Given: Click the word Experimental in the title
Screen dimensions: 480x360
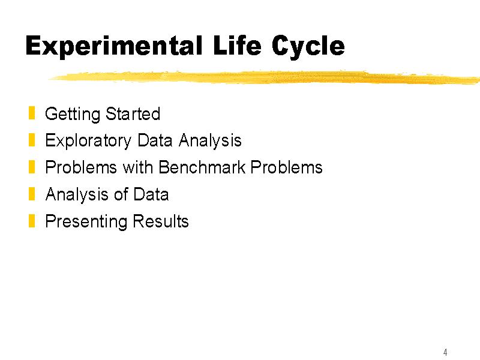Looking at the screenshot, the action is (x=114, y=47).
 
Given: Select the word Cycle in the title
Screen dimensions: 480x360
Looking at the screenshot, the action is (x=308, y=47).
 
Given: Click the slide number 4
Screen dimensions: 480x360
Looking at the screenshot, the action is (x=445, y=352).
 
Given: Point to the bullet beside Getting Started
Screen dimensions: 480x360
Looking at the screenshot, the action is (x=32, y=113).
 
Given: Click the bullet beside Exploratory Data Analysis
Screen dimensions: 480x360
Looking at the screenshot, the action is (x=32, y=140).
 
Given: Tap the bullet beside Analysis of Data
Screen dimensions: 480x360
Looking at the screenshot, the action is (x=32, y=194).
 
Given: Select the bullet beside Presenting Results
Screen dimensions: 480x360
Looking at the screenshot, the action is (x=32, y=221).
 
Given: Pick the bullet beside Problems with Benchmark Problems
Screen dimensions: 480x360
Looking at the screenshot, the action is (x=32, y=167).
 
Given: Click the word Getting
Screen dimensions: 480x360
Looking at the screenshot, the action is (x=73, y=115).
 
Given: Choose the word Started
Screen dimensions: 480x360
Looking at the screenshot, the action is (x=133, y=113).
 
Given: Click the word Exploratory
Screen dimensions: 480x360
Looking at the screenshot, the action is (x=88, y=141).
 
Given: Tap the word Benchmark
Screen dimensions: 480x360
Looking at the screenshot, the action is (x=202, y=167).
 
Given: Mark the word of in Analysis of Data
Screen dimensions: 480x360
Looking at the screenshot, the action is (x=121, y=194).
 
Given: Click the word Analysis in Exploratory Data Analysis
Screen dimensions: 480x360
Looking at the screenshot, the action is (x=210, y=141).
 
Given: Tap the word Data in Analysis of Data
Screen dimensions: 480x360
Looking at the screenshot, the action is (x=151, y=194).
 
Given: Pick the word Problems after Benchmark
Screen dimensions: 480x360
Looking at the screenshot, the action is (x=287, y=167).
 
